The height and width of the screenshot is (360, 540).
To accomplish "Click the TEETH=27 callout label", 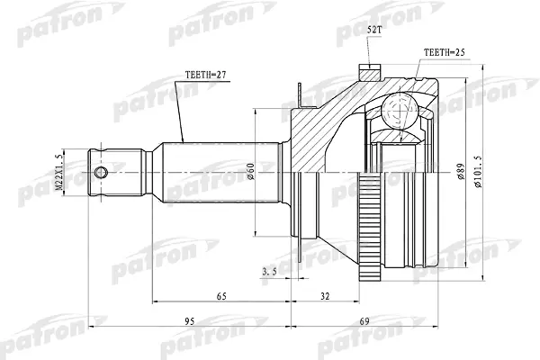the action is [205, 75].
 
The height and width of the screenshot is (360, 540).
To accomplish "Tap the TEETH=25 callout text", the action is [445, 52].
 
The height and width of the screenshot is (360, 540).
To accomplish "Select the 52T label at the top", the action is [374, 30].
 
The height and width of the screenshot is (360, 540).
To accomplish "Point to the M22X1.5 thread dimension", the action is [59, 172].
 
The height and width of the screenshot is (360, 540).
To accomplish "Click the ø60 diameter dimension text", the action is [250, 171].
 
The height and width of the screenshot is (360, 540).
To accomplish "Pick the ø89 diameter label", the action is [461, 171].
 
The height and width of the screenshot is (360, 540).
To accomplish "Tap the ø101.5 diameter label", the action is [479, 171].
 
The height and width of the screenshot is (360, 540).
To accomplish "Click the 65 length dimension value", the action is [221, 296].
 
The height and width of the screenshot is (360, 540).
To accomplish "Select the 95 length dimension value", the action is [189, 321].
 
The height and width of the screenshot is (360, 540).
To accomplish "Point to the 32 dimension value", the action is [324, 296].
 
